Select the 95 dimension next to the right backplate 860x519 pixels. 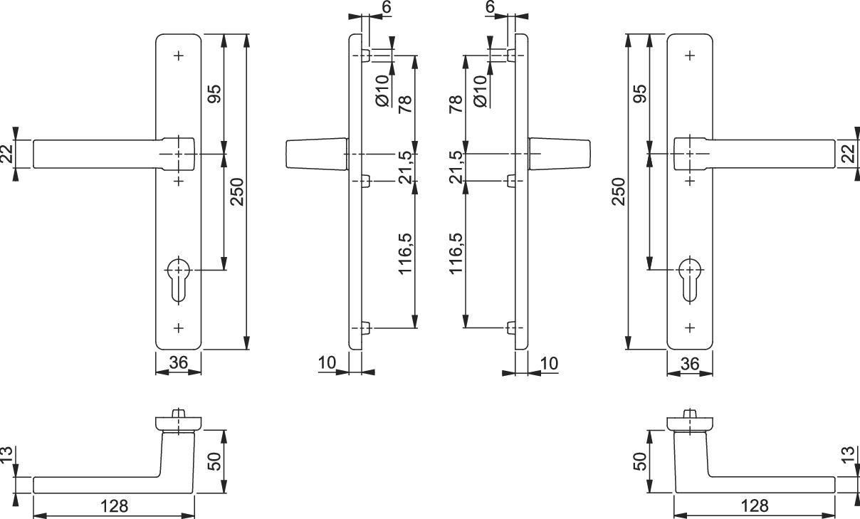(639, 94)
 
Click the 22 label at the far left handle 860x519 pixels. (8, 154)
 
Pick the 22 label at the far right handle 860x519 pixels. (851, 154)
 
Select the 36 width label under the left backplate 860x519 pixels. (178, 363)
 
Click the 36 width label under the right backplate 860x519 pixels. (689, 363)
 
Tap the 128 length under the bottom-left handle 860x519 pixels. (114, 506)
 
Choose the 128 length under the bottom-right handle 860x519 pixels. (755, 506)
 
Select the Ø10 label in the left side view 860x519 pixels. (382, 90)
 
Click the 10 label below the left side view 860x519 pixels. (327, 363)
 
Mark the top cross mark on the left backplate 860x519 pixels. (178, 55)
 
